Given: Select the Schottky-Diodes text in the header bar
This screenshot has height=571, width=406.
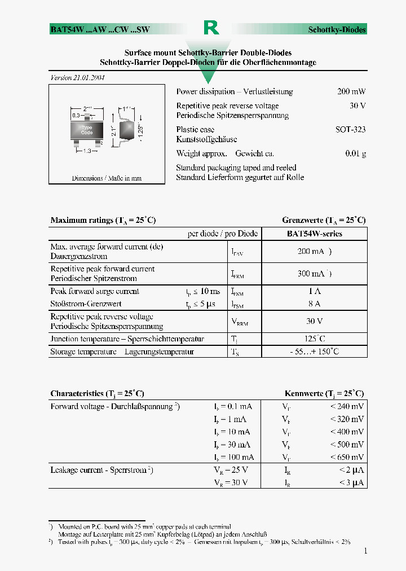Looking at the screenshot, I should point(337,30).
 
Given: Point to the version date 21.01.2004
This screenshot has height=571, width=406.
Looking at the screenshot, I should point(78,78).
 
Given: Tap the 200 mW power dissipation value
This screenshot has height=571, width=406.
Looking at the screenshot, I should point(351,91).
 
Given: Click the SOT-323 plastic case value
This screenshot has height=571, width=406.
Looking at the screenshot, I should point(350,129).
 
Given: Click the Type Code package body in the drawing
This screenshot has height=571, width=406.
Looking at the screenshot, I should point(87,131).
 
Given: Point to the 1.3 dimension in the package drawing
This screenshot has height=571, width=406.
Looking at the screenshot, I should point(87,151).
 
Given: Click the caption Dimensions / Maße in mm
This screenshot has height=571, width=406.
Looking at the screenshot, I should point(107,178).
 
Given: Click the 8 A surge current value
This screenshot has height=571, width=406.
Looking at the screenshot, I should point(314,304).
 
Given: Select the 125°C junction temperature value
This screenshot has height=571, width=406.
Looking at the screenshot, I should point(314,339).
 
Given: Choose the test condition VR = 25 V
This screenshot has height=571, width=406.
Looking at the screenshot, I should point(231,470).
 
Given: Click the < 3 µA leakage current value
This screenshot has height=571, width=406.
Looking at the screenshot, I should point(351,482).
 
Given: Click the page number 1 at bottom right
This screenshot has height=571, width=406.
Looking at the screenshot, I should point(365,551).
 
